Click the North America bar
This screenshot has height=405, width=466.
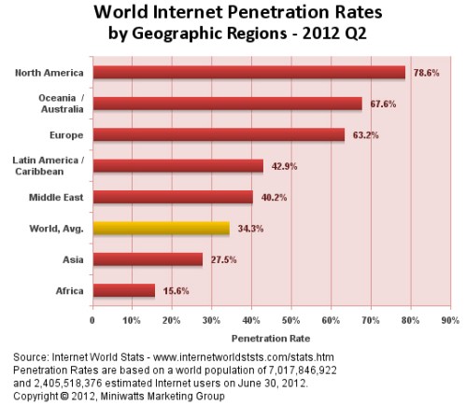click(x=247, y=72)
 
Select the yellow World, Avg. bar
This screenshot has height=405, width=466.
click(x=160, y=228)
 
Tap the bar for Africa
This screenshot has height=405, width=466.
click(x=122, y=290)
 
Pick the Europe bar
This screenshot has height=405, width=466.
click(x=218, y=134)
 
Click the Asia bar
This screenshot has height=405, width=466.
click(x=147, y=259)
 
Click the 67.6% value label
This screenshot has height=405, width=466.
click(x=380, y=104)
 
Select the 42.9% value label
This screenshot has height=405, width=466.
click(x=282, y=166)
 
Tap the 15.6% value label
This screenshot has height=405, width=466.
click(x=174, y=291)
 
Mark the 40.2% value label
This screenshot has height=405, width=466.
click(x=272, y=197)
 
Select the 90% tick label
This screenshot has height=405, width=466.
click(x=449, y=319)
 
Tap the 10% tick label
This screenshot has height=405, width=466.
click(x=132, y=319)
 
